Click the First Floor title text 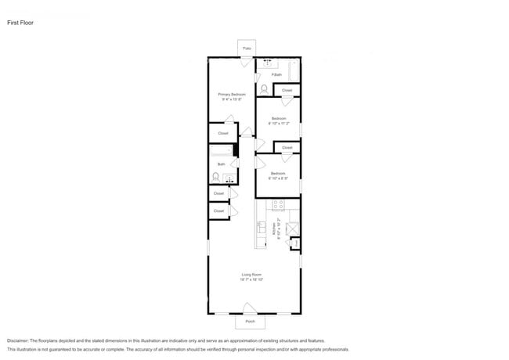click(20, 23)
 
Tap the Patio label click(247, 49)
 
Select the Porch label click(250, 321)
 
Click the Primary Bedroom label click(231, 95)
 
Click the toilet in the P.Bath click(264, 89)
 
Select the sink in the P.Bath click(269, 63)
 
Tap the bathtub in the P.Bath click(293, 71)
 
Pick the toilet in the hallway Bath click(215, 177)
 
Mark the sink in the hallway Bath click(229, 178)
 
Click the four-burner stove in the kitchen click(277, 205)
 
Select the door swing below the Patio click(247, 63)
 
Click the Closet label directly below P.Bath click(287, 91)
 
